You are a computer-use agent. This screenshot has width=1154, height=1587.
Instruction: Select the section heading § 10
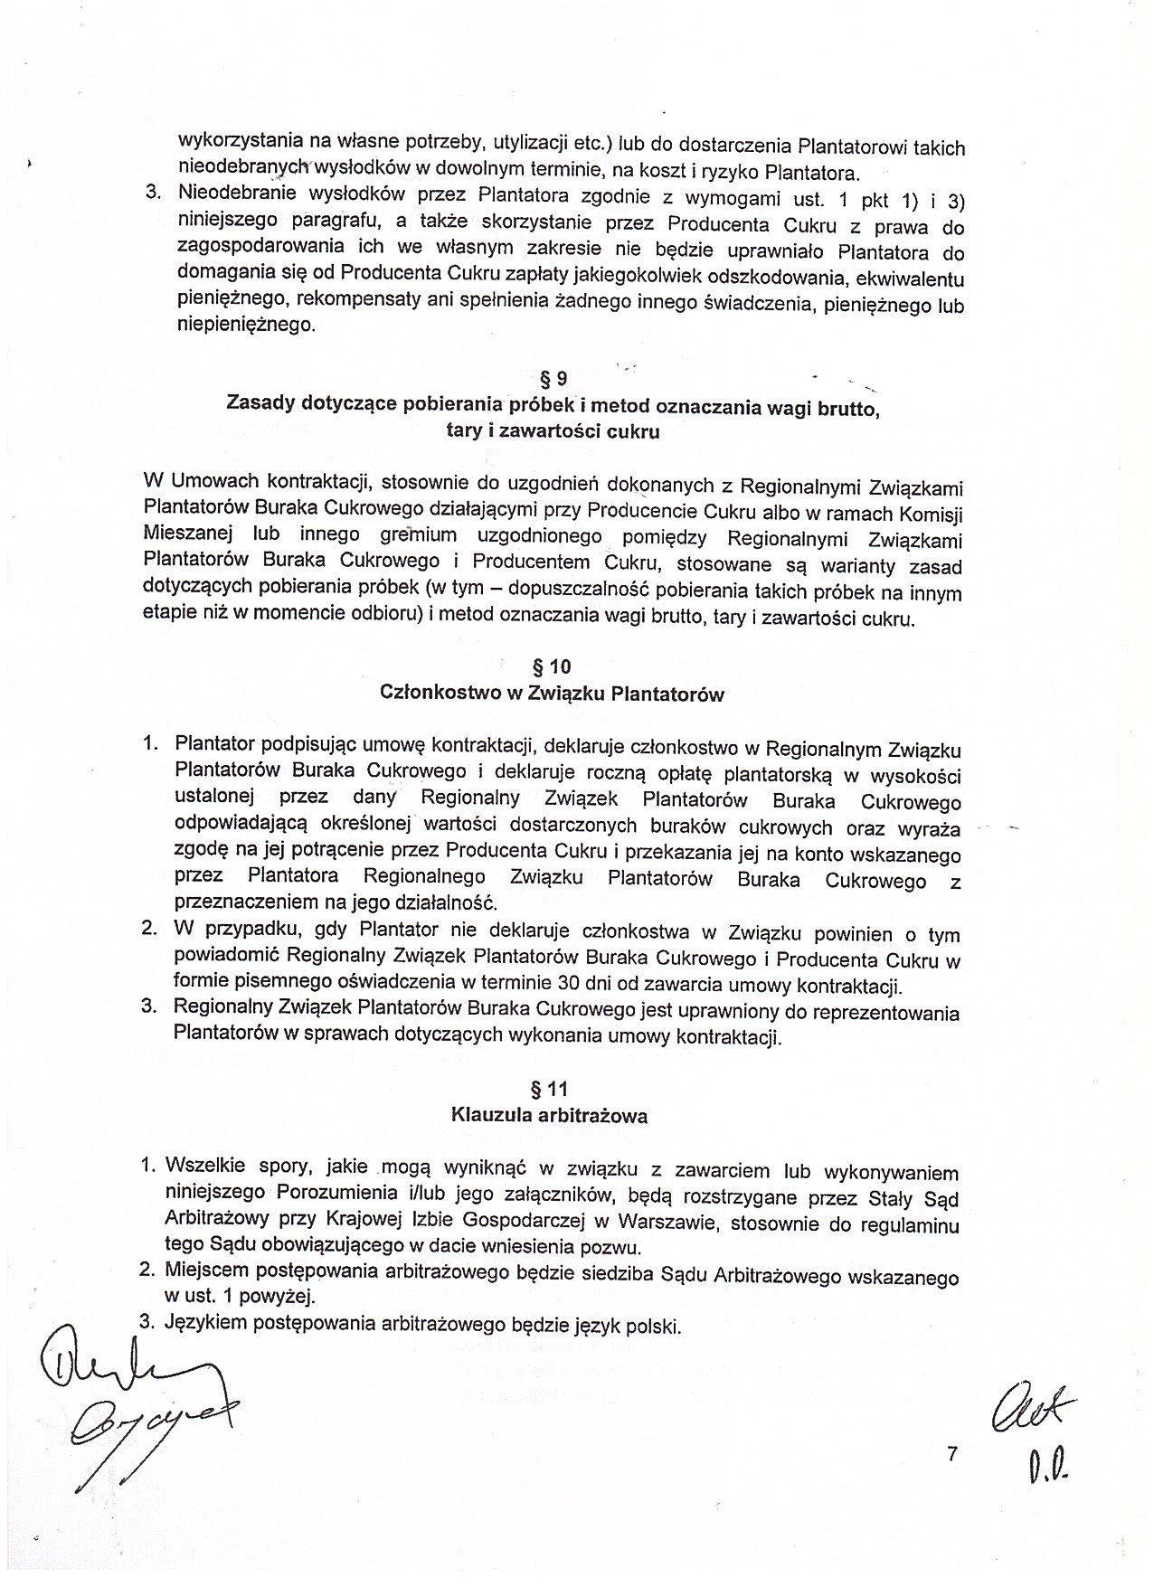pyautogui.click(x=552, y=667)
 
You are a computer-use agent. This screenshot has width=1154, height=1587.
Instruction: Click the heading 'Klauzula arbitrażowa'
pyautogui.click(x=549, y=1116)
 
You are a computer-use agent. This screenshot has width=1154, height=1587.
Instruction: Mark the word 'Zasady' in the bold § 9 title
pyautogui.click(x=257, y=403)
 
